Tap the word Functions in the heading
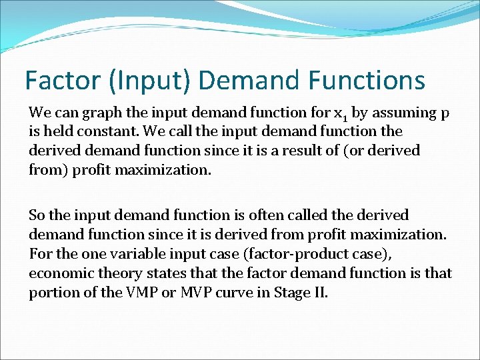pos(366,81)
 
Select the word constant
pos(93,131)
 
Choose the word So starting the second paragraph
pos(37,215)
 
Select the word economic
pos(57,273)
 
